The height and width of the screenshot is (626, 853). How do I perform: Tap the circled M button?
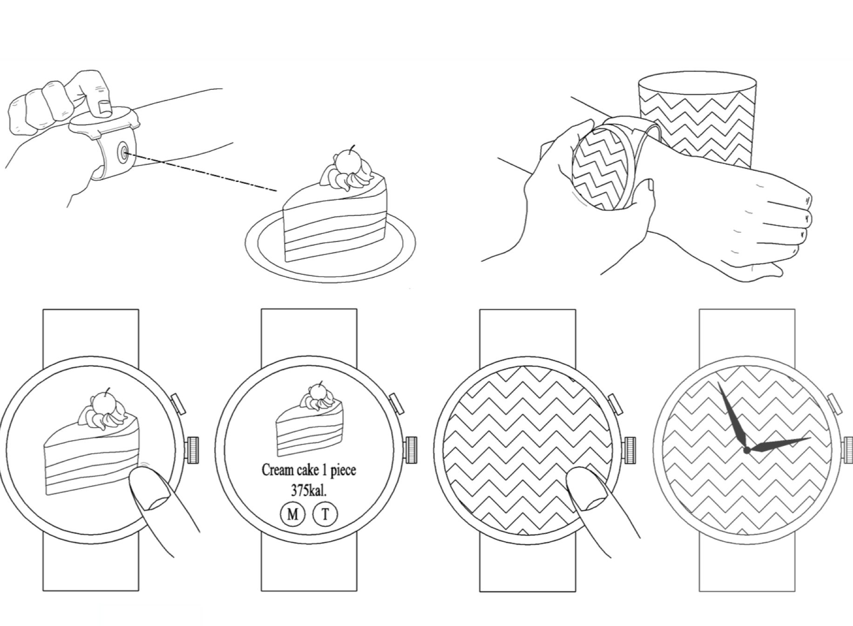[292, 514]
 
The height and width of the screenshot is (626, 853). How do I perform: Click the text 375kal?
[309, 490]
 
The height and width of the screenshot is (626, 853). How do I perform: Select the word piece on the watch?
[343, 470]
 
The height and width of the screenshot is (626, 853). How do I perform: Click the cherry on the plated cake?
[348, 162]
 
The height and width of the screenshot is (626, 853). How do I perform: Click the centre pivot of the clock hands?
[746, 450]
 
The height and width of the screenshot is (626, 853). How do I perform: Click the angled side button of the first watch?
[179, 404]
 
